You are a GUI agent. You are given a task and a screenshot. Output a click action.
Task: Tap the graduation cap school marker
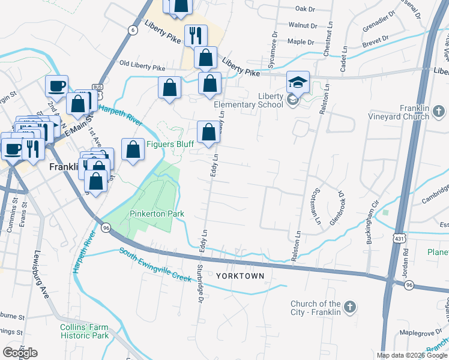[x=298, y=82]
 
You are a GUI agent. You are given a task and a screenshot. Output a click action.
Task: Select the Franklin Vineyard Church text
[x=401, y=112]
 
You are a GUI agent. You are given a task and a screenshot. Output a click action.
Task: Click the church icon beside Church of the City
[x=351, y=308]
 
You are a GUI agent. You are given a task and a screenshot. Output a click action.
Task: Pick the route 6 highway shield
[x=131, y=30]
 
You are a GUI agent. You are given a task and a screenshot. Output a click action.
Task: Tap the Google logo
[x=20, y=353]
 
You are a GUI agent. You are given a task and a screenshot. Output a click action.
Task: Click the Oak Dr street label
[x=305, y=9]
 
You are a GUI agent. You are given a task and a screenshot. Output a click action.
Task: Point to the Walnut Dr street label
[x=302, y=26]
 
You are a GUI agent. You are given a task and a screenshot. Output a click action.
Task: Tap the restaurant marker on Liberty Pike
[x=196, y=35]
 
